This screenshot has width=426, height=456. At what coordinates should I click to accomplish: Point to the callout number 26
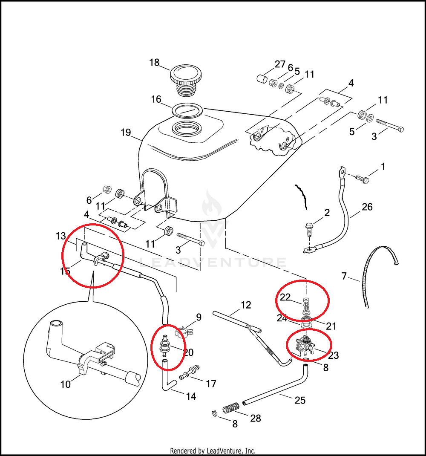367,207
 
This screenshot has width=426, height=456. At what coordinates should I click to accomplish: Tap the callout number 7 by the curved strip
345,277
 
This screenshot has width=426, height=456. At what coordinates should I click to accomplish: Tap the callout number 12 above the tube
246,305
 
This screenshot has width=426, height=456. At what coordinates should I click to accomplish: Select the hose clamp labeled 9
183,331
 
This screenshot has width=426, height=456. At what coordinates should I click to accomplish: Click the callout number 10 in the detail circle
65,384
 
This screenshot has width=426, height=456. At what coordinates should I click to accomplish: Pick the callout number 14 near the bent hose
191,396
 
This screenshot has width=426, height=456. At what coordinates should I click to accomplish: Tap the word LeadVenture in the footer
228,450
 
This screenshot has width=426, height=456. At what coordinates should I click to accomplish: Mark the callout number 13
61,236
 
